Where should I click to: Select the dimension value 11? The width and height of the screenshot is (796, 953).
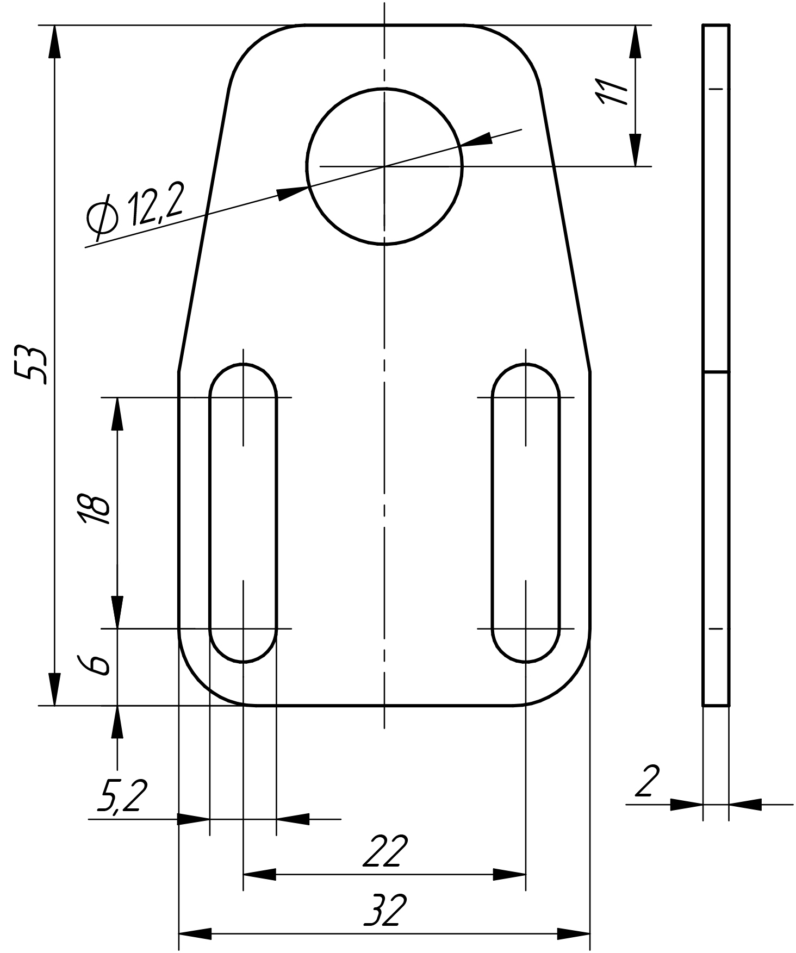611,91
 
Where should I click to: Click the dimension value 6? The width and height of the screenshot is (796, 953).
95,665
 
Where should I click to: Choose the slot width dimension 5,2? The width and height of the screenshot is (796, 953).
122,795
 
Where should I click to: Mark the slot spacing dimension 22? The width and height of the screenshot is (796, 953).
385,852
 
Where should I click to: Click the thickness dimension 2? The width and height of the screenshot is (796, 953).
647,781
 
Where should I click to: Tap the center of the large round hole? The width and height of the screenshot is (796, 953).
384,166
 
